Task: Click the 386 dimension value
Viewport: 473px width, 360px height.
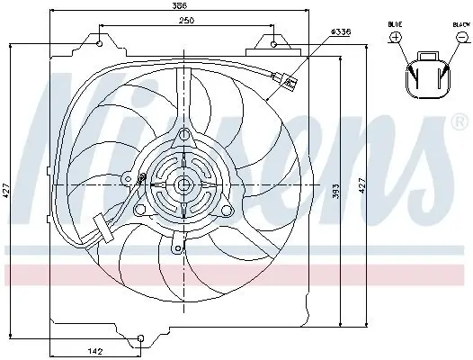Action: pyautogui.click(x=185, y=6)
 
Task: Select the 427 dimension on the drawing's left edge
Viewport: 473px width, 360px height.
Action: pyautogui.click(x=6, y=192)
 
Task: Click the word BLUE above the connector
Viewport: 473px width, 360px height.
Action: pyautogui.click(x=396, y=24)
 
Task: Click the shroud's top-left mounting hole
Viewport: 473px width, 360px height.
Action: pyautogui.click(x=98, y=40)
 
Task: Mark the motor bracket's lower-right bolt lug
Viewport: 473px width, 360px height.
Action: pyautogui.click(x=226, y=211)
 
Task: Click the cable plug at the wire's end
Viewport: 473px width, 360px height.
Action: pyautogui.click(x=290, y=84)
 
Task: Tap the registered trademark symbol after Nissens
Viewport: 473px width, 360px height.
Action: pyautogui.click(x=461, y=121)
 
